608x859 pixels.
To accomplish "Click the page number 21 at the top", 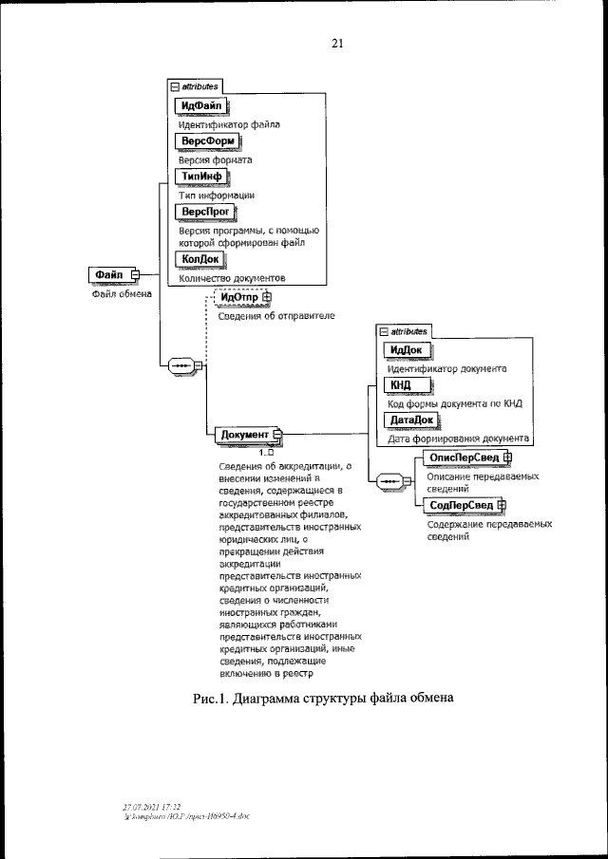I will point(336,43).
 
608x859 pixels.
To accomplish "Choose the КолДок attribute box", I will point(199,258).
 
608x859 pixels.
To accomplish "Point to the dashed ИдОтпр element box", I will point(241,298).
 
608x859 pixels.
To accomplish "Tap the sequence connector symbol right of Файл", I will point(180,364).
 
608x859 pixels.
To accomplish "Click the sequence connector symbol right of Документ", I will point(390,482).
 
